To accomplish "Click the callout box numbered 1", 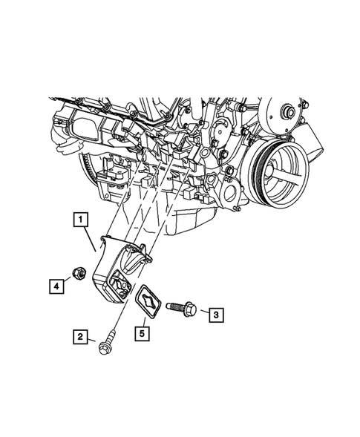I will pos(80,220).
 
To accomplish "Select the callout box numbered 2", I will pos(81,338).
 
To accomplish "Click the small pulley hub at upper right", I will pos(284,112).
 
